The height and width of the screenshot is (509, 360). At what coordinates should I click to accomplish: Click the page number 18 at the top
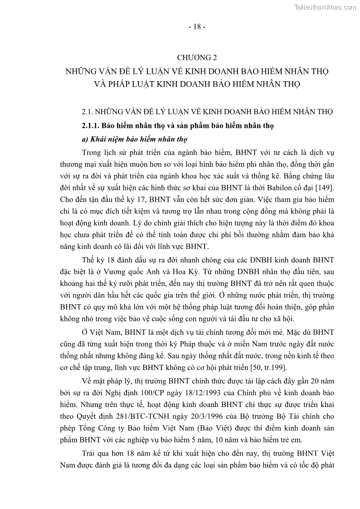(197, 27)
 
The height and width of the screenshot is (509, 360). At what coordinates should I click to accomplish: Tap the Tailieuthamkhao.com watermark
(325, 7)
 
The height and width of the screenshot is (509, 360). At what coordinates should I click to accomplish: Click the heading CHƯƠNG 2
(197, 58)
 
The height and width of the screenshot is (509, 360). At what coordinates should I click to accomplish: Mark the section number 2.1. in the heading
(87, 111)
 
